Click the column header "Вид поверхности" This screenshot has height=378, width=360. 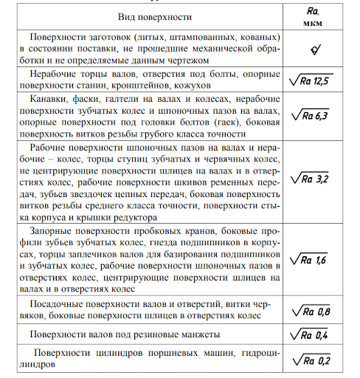click(154, 16)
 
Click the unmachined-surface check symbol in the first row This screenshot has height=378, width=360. click(314, 49)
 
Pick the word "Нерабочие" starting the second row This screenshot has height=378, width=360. click(55, 74)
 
